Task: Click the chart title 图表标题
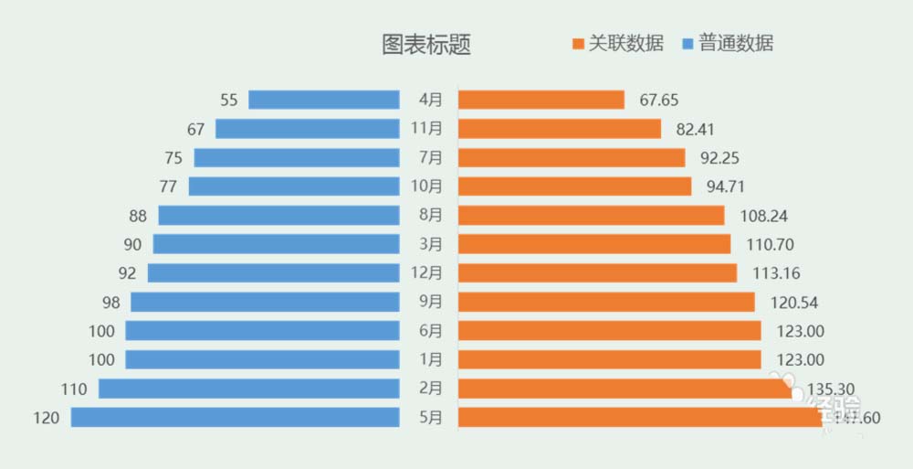(426, 45)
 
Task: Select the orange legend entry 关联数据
(616, 43)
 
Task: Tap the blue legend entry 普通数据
(728, 43)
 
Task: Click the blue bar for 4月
(324, 100)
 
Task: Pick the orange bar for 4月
(540, 100)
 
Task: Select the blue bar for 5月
(236, 418)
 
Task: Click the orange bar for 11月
(559, 129)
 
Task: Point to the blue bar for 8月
(279, 216)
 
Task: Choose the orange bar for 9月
(606, 302)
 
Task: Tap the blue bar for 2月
(249, 389)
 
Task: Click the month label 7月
(430, 157)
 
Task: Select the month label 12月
(430, 272)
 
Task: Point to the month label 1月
(430, 359)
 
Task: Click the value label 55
(228, 100)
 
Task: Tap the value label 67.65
(659, 100)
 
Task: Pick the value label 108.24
(765, 216)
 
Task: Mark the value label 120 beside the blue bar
(46, 418)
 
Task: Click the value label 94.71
(726, 187)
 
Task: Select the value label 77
(168, 187)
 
